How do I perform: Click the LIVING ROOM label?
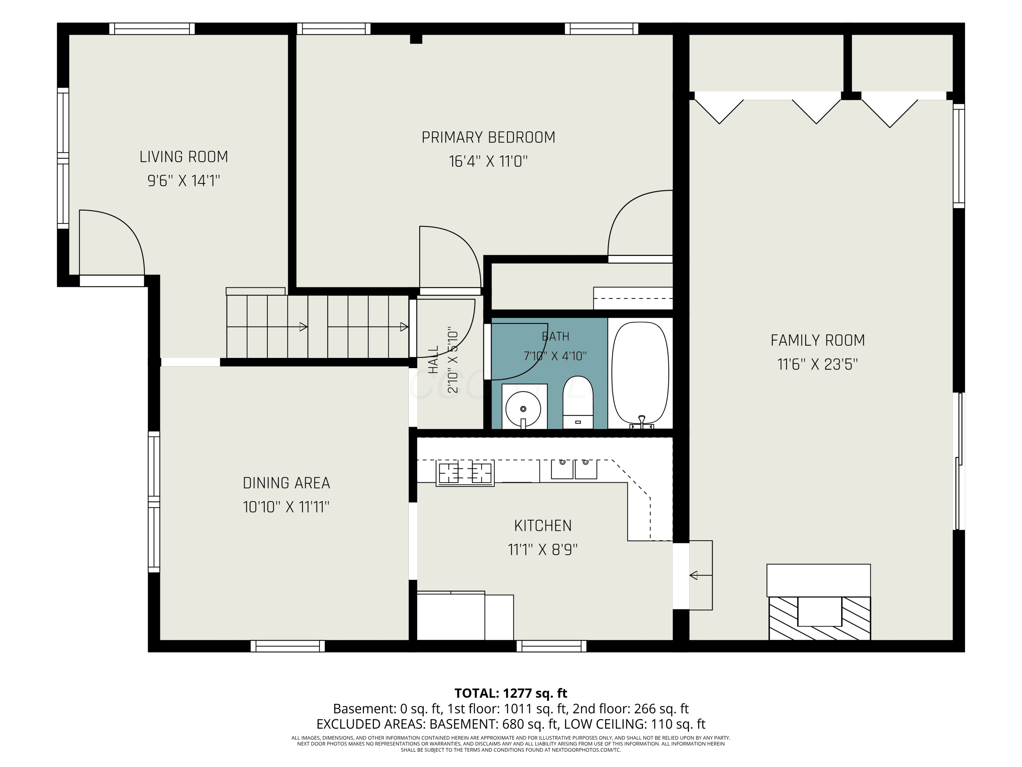coord(184,157)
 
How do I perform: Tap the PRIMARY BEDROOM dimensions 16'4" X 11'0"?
coord(489,161)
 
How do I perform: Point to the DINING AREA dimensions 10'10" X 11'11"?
coord(286,507)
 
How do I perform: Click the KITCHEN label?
coord(543,526)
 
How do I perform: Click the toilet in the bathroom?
coord(577,402)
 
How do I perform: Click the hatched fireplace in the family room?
coord(819,618)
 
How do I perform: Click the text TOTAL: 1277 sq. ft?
coord(511,693)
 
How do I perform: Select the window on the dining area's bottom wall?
coord(288,646)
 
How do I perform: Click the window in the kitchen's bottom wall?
coord(551,646)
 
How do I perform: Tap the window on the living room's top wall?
coord(152,29)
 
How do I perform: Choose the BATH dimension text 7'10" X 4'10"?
coord(555,356)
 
